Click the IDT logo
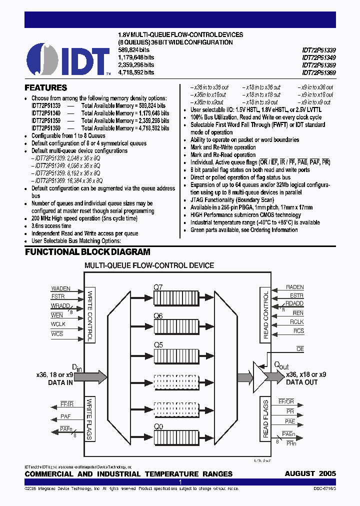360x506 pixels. [68, 59]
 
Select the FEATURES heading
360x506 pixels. [46, 87]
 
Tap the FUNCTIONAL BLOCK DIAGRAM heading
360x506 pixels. [87, 252]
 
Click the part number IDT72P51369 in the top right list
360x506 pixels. [319, 72]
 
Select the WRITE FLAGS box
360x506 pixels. [90, 419]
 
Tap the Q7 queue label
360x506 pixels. [158, 287]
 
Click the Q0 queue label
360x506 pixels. [158, 427]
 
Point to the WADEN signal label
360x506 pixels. [61, 288]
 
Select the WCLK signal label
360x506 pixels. [58, 324]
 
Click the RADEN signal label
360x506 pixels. [294, 287]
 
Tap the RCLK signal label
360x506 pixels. [297, 322]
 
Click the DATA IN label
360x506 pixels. [60, 382]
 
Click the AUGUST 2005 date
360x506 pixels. [310, 473]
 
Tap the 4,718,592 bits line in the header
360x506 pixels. [135, 72]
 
